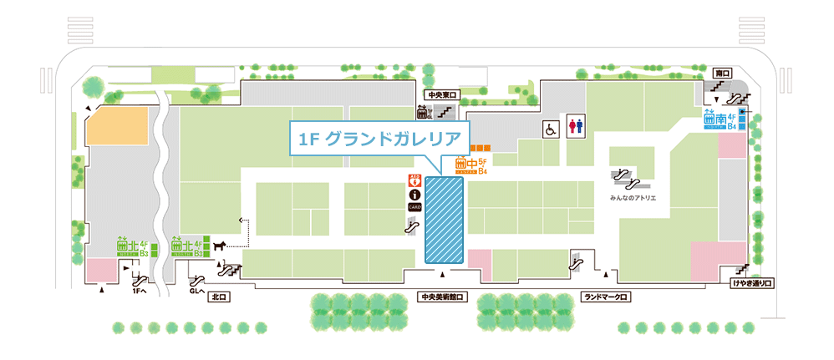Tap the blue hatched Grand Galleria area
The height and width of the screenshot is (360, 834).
tap(445, 220)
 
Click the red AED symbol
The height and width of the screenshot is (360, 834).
tap(413, 179)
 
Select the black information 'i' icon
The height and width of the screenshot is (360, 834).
tap(413, 193)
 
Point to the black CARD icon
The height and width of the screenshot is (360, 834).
tap(413, 206)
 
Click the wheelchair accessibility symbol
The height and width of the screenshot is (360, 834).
tap(551, 129)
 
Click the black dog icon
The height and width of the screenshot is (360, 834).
tap(220, 246)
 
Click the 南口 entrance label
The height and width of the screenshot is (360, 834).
tap(723, 74)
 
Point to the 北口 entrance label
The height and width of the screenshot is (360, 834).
tap(220, 297)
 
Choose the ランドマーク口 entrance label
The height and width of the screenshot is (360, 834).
tap(606, 297)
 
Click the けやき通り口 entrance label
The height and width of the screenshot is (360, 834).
tap(752, 284)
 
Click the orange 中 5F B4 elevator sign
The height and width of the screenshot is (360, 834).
tap(471, 165)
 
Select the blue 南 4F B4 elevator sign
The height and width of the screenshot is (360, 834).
tap(720, 121)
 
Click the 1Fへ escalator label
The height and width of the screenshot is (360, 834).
tap(140, 292)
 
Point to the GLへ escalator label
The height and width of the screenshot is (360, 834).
tap(198, 292)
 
